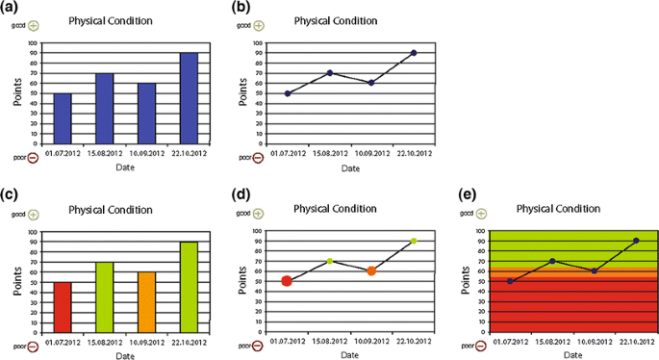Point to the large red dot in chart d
[x=287, y=281]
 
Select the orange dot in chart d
[x=371, y=270]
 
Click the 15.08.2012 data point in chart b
[x=329, y=73]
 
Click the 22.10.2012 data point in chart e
[x=636, y=241]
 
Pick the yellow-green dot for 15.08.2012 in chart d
[x=329, y=261]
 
